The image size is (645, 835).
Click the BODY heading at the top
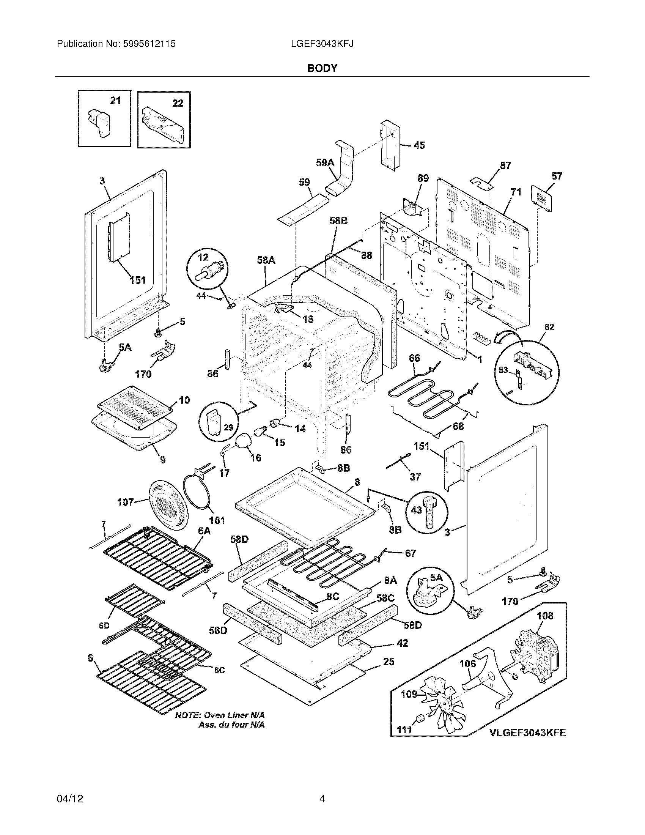322,68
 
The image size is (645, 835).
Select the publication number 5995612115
150,44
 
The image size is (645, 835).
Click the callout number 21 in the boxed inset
115,101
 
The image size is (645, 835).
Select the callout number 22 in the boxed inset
178,103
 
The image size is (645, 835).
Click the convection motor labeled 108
533,657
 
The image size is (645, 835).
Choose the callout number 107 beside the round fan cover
126,502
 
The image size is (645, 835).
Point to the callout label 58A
266,260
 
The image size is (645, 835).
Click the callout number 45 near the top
419,145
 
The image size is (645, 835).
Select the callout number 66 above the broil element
414,358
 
